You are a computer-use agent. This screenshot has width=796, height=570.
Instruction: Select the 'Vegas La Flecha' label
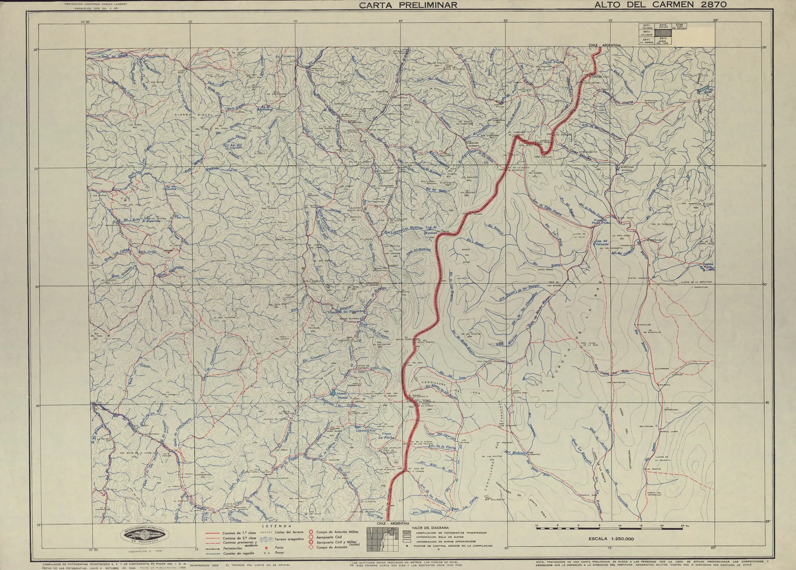tap(386, 436)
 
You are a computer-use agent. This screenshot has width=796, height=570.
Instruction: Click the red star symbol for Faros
tap(266, 547)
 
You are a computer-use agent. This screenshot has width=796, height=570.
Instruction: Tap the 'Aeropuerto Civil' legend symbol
tap(310, 537)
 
